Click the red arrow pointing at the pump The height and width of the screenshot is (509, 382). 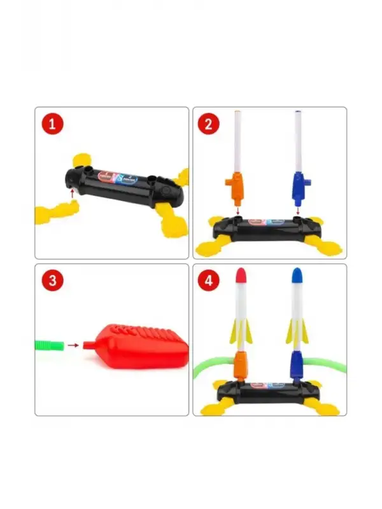pos(74,345)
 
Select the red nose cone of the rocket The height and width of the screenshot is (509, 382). pos(241,275)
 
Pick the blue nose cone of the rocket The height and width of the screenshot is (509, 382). pos(296,275)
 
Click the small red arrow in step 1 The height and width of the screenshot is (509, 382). pos(72,192)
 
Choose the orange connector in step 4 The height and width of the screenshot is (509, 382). pos(240,365)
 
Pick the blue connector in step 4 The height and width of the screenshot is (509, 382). pos(296,365)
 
